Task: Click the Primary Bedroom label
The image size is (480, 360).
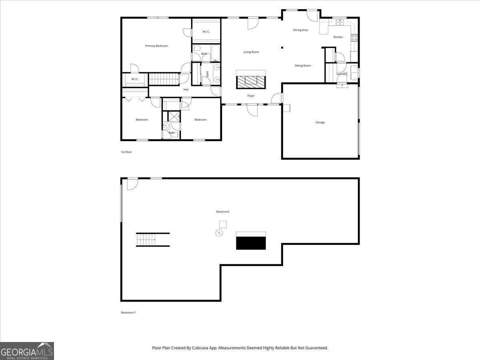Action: [x=156, y=46]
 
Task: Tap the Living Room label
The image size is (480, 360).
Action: [x=251, y=52]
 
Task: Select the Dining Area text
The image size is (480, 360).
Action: [x=300, y=30]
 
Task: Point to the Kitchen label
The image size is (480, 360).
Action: [x=338, y=37]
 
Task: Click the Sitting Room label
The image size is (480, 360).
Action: [x=303, y=66]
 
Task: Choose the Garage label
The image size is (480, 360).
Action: [x=320, y=122]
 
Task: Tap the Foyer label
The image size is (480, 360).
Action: [x=251, y=96]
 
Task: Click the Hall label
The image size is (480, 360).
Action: [x=186, y=89]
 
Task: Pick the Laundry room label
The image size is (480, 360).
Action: [x=342, y=74]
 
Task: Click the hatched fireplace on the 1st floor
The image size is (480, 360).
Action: [x=251, y=82]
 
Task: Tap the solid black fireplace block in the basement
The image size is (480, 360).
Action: [x=251, y=243]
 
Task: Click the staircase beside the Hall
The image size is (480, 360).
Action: [x=164, y=79]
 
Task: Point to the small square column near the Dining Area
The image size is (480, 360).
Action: [x=282, y=48]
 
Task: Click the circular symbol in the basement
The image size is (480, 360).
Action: [x=219, y=233]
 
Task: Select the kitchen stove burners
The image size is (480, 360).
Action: [x=354, y=38]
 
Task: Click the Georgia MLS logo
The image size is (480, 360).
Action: [x=27, y=351]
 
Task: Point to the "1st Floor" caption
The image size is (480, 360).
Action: [x=126, y=152]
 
